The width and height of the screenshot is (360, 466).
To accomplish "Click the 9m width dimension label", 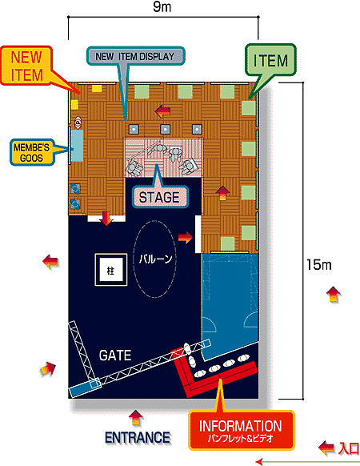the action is tap(162, 7).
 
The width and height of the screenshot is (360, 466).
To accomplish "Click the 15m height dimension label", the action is tap(318, 264).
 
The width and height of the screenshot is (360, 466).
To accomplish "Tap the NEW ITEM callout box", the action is tap(26, 66).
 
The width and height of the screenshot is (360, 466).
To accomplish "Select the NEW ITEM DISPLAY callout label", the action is tap(135, 56).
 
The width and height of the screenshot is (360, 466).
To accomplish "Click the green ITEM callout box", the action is tap(270, 60).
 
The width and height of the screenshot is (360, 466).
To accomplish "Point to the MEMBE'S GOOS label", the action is tap(32, 152).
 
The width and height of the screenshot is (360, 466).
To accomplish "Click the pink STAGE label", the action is tap(159, 197).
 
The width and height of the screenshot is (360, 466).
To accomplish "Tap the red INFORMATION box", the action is tap(241, 430).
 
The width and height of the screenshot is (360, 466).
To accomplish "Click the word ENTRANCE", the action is tap(138, 437).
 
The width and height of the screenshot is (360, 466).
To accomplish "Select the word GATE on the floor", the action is tap(115, 356).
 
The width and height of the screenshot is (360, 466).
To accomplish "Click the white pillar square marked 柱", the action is tap(110, 270).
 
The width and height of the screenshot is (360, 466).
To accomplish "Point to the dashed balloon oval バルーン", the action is tap(154, 259).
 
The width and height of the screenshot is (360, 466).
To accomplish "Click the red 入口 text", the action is tap(349, 448).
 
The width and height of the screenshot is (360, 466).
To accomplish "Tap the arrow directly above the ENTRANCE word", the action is tap(136, 418).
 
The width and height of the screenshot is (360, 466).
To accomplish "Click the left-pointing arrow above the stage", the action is tap(162, 111).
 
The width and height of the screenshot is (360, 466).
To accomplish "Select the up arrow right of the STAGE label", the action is tap(222, 193).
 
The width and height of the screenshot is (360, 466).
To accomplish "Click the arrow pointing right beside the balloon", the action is tap(185, 238).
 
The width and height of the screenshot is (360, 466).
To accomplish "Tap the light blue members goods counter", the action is tap(78, 146).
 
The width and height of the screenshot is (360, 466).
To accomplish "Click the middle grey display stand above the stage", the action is tap(166, 129).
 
